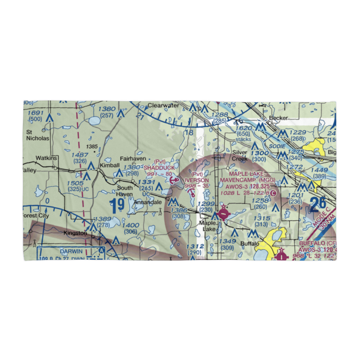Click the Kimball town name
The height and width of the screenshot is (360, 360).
click(x=110, y=165)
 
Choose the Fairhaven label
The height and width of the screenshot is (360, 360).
click(x=133, y=158)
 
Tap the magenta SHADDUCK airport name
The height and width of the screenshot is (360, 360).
click(x=159, y=168)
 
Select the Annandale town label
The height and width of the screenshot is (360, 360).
click(x=146, y=203)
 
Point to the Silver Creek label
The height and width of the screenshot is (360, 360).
click(x=240, y=155)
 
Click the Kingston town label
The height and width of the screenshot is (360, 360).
click(x=75, y=233)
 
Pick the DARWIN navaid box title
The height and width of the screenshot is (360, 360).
click(x=71, y=251)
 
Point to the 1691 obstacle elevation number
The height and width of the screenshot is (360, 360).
click(x=36, y=113)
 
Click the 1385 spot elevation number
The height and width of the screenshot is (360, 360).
click(x=92, y=147)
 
